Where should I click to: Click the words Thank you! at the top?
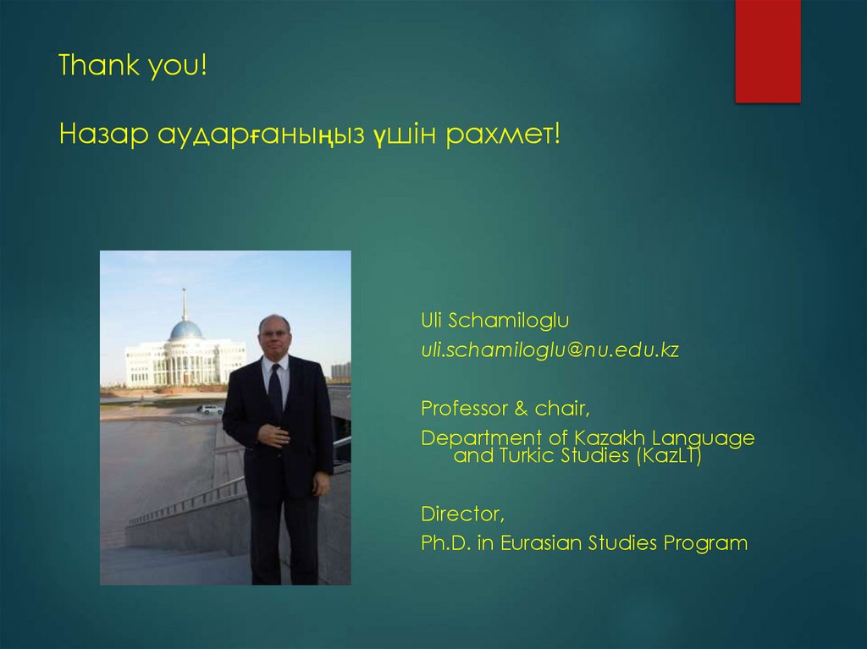point(133,66)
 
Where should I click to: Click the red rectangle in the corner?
point(767,51)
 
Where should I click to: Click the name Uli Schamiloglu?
point(495,321)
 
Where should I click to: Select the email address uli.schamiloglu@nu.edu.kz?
point(550,350)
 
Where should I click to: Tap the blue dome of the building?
point(185,330)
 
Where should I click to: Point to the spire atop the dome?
point(184,302)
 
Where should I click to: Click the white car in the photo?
point(211,410)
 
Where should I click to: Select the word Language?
point(711,438)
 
